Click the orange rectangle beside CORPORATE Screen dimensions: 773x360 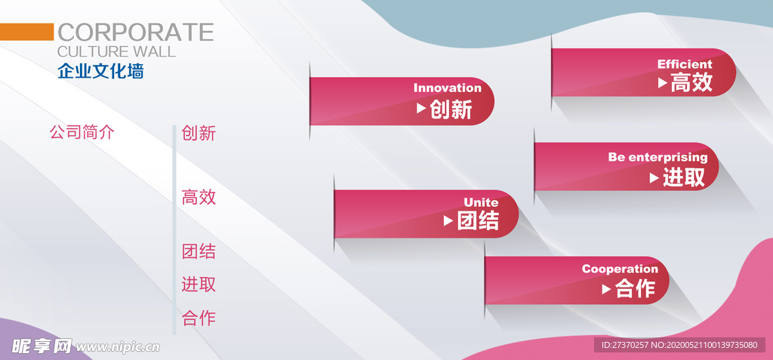pos(26,32)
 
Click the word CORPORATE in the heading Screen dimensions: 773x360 pos(136,32)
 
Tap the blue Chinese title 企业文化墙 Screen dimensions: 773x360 pos(100,71)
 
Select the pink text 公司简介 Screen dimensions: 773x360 pos(82,132)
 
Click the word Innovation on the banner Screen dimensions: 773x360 pos(447,88)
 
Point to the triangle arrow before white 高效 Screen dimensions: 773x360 pos(663,83)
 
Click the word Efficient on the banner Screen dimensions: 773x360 pos(685,64)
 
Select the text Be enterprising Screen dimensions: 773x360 pos(658,157)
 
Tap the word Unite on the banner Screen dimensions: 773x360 pos(481,202)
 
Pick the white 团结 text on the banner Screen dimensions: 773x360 pos(478,220)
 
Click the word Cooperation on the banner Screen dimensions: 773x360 pos(620,269)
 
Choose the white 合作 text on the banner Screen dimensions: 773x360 pos(635,288)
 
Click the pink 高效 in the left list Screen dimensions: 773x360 pos(199,197)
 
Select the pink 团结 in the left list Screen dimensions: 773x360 pos(199,251)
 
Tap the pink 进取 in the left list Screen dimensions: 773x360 pos(199,285)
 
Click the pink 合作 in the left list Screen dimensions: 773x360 pos(199,318)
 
